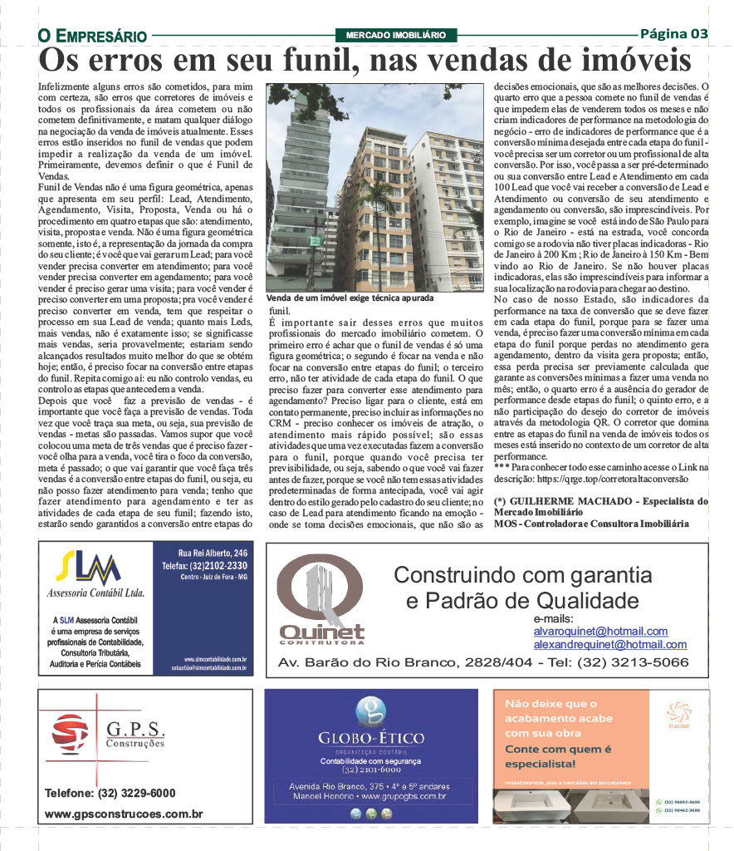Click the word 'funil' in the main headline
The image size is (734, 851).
[303, 61]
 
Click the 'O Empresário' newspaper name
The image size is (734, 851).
[92, 36]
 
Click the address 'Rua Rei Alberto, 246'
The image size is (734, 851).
[213, 553]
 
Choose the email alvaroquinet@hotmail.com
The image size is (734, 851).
[600, 632]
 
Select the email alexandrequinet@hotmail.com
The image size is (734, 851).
[609, 644]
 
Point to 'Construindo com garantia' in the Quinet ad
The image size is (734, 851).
[522, 575]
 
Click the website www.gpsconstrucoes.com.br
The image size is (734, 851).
[124, 814]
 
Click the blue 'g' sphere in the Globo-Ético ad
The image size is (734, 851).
[370, 711]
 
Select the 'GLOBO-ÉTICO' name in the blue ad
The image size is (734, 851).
[370, 739]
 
